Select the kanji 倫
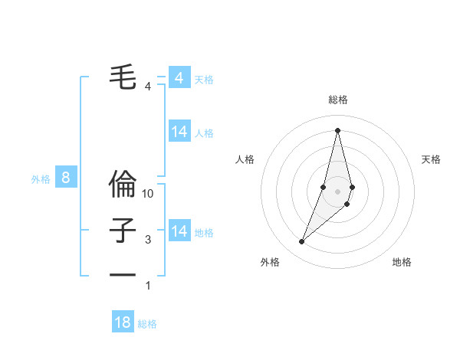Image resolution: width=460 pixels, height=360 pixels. pyautogui.click(x=123, y=185)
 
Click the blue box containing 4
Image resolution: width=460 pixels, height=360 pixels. pyautogui.click(x=179, y=78)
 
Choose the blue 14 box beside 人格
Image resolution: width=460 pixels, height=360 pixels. pyautogui.click(x=179, y=132)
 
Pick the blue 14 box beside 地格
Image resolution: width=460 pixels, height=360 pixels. pyautogui.click(x=179, y=231)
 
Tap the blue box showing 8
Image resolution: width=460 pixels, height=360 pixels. pyautogui.click(x=66, y=178)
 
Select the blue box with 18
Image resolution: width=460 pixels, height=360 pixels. pyautogui.click(x=123, y=322)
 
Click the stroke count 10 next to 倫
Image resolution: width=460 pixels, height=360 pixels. pyautogui.click(x=148, y=195)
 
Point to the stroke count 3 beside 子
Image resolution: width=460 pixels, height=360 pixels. pyautogui.click(x=148, y=240)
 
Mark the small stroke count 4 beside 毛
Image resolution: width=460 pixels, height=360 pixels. pyautogui.click(x=148, y=87)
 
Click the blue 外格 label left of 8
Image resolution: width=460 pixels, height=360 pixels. pyautogui.click(x=41, y=179)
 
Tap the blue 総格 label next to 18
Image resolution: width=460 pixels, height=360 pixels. pyautogui.click(x=147, y=324)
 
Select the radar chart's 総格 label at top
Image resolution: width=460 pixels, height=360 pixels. pyautogui.click(x=337, y=100)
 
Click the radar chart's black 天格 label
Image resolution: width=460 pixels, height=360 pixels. pyautogui.click(x=432, y=159)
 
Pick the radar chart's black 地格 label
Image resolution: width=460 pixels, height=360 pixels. pyautogui.click(x=402, y=262)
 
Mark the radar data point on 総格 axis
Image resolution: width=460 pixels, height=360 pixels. pyautogui.click(x=337, y=130)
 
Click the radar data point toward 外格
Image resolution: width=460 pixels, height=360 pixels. pyautogui.click(x=302, y=242)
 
